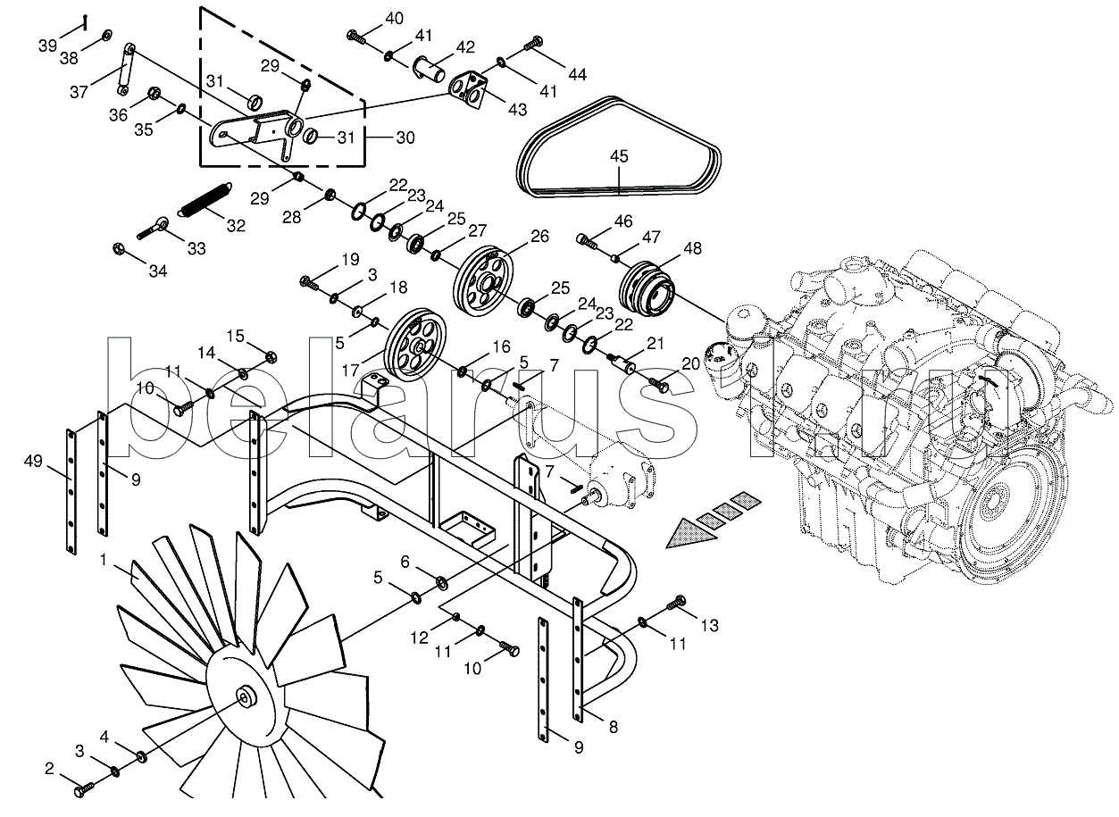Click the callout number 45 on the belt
[619, 156]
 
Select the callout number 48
[692, 248]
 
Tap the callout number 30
[405, 138]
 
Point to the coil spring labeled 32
[205, 198]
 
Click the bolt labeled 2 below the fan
[84, 790]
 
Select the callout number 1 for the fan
[104, 560]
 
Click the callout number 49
[33, 461]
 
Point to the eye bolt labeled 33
[154, 229]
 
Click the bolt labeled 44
[533, 43]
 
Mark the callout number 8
[614, 727]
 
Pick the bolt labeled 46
[588, 242]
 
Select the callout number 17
[351, 370]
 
